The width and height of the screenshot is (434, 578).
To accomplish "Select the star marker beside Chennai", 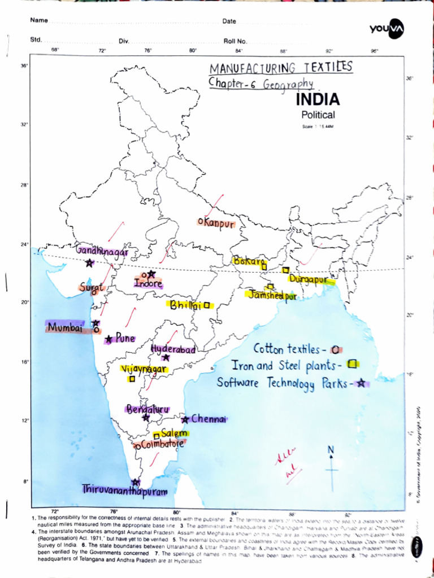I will coord(185,419).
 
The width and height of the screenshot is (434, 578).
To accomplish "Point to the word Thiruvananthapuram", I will coord(125,491).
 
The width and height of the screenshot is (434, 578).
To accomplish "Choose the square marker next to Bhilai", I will coord(207,305).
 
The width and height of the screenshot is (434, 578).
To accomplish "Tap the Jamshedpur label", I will coord(270,295).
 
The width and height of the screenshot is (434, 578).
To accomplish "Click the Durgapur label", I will coord(309,279).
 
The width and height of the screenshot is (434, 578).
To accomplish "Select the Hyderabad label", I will coord(173,349).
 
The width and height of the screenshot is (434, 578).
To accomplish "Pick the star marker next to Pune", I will coord(108,340).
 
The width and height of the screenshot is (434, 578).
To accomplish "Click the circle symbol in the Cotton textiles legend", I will coord(335,349).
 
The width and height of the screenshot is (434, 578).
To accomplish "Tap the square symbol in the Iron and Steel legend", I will coord(353,364).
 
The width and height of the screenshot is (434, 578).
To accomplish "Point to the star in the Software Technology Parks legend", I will coord(361,383).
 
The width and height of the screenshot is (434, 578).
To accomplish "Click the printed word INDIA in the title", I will coord(318,100).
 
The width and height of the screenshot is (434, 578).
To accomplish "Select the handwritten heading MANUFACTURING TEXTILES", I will coord(281,68).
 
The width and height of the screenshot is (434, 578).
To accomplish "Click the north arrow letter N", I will coord(331,449).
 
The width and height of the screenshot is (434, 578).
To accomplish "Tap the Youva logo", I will coord(388,28).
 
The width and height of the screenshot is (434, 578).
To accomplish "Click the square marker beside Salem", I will coord(157,436).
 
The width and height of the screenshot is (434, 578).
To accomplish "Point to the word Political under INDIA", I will coord(318,115).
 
